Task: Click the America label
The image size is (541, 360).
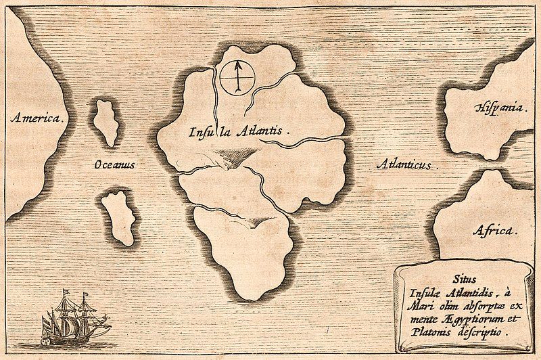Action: [x=39, y=118]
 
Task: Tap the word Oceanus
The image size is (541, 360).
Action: [x=114, y=164]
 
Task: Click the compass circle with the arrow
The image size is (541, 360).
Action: [x=237, y=76]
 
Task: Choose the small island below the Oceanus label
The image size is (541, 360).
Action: [x=119, y=217]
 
